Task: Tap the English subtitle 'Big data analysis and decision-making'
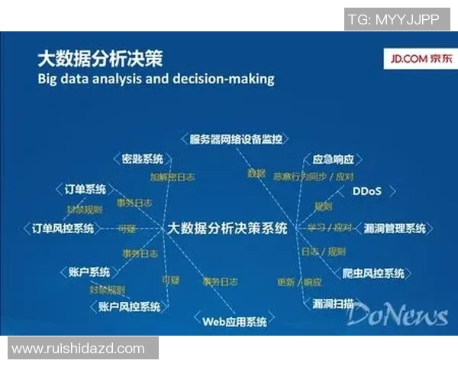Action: [156, 79]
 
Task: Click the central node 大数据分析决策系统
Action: [227, 228]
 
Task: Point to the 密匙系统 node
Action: [143, 159]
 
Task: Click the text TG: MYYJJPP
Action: [393, 20]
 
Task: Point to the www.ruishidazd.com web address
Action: [78, 349]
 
